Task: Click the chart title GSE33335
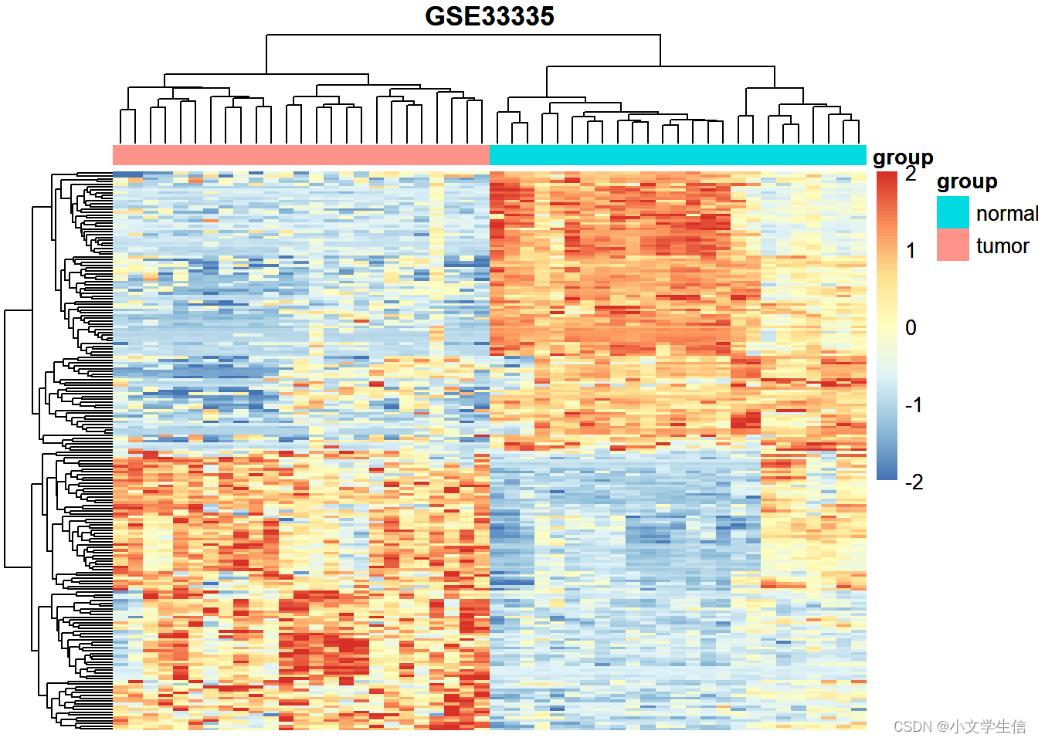pos(490,16)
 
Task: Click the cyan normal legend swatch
pos(952,212)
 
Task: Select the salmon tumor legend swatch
pos(952,245)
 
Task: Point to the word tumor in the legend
pos(1002,246)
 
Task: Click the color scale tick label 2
pos(911,174)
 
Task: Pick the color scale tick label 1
pos(911,251)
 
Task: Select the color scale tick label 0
pos(911,328)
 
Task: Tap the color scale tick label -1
pos(914,405)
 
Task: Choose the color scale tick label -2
pos(914,482)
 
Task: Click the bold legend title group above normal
pos(967,182)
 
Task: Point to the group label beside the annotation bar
pos(903,157)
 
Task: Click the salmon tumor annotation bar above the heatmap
pos(301,155)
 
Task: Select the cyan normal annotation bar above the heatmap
pos(677,155)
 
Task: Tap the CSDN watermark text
pos(959,726)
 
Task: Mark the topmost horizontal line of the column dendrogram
pos(463,35)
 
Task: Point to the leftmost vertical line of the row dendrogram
pos(5,438)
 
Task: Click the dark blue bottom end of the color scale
pos(887,475)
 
